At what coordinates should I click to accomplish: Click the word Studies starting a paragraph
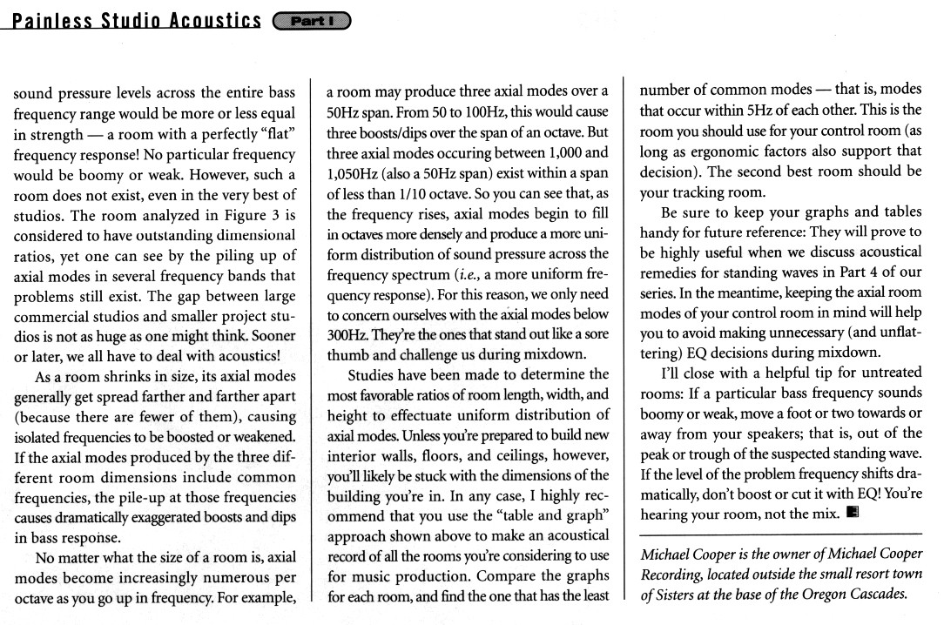[x=375, y=375]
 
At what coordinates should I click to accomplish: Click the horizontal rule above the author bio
[x=779, y=534]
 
